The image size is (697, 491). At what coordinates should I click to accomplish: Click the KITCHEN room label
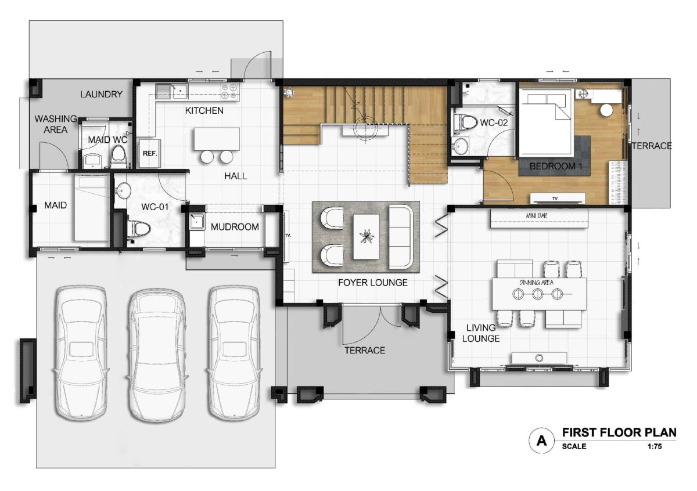pyautogui.click(x=204, y=110)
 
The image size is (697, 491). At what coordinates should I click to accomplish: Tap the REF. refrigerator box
pyautogui.click(x=150, y=153)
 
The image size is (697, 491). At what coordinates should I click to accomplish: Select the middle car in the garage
pyautogui.click(x=157, y=355)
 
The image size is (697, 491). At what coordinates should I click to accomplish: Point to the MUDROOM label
pyautogui.click(x=235, y=227)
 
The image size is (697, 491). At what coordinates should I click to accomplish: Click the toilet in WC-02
pyautogui.click(x=465, y=122)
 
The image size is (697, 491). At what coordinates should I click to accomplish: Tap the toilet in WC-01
pyautogui.click(x=138, y=229)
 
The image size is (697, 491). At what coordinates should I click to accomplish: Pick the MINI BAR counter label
pyautogui.click(x=537, y=215)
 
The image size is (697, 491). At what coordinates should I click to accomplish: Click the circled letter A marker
pyautogui.click(x=542, y=441)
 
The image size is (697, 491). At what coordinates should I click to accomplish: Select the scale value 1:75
pyautogui.click(x=655, y=446)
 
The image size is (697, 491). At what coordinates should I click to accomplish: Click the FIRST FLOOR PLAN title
pyautogui.click(x=619, y=432)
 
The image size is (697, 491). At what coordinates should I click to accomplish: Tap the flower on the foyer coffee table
pyautogui.click(x=367, y=236)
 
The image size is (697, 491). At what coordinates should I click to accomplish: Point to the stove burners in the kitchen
pyautogui.click(x=229, y=92)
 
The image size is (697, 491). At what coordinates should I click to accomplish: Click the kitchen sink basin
pyautogui.click(x=180, y=91)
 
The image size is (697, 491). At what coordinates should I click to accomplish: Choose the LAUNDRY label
pyautogui.click(x=102, y=94)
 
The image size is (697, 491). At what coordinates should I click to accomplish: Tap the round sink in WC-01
pyautogui.click(x=123, y=190)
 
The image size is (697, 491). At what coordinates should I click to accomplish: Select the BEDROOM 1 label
pyautogui.click(x=556, y=166)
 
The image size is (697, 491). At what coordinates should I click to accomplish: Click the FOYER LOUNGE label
pyautogui.click(x=373, y=282)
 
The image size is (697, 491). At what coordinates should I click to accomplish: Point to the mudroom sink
pyautogui.click(x=197, y=221)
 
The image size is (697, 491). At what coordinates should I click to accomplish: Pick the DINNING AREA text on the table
pyautogui.click(x=537, y=282)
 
